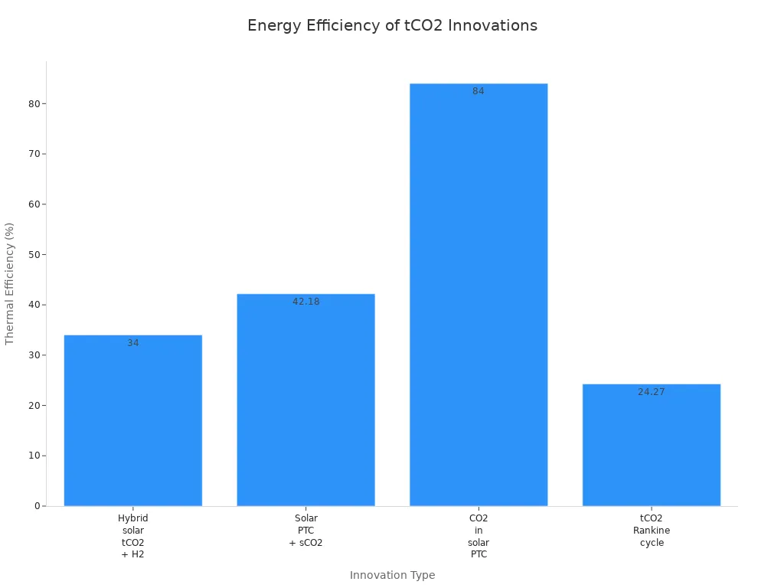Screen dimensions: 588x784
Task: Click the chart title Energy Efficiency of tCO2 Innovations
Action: [392, 26]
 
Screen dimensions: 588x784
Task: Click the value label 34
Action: [133, 343]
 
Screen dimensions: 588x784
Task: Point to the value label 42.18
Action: [305, 302]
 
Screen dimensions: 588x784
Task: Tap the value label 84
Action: [479, 91]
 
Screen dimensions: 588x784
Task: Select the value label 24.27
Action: [652, 392]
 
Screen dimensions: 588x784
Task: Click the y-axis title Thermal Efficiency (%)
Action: [10, 283]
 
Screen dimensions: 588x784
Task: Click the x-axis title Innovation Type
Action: [392, 575]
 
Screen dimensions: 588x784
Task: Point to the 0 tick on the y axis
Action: [36, 506]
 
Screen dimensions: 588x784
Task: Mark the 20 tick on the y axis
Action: [34, 405]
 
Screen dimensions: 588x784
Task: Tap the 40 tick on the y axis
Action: [34, 305]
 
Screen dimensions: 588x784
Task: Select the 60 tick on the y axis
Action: [34, 204]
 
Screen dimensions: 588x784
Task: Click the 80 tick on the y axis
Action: [34, 103]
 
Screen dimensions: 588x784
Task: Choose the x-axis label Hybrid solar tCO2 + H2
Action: [133, 536]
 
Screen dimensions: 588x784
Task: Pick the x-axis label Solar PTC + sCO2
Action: [305, 531]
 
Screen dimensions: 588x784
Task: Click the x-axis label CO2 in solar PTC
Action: [479, 536]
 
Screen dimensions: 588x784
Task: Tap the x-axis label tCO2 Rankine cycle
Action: [652, 531]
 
